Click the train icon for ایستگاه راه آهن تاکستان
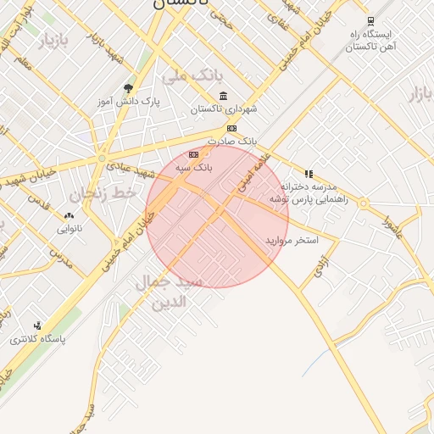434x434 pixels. (370, 21)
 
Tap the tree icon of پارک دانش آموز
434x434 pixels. (128, 87)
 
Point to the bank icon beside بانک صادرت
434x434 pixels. (231, 128)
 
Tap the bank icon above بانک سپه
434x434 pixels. (194, 154)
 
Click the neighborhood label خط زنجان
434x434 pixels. (103, 194)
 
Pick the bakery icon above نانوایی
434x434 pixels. (69, 216)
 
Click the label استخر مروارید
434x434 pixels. (292, 241)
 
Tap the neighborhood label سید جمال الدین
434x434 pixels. (169, 291)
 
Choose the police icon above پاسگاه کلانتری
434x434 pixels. (37, 325)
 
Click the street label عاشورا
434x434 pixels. (392, 227)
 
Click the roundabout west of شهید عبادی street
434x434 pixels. (102, 159)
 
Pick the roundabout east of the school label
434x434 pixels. (364, 203)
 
